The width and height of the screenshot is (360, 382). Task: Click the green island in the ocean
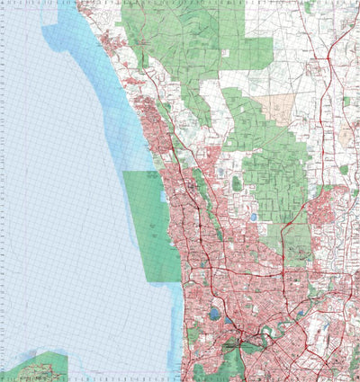36,367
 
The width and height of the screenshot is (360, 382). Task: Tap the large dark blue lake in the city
214,315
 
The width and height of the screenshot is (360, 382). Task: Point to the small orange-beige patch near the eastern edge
346,136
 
